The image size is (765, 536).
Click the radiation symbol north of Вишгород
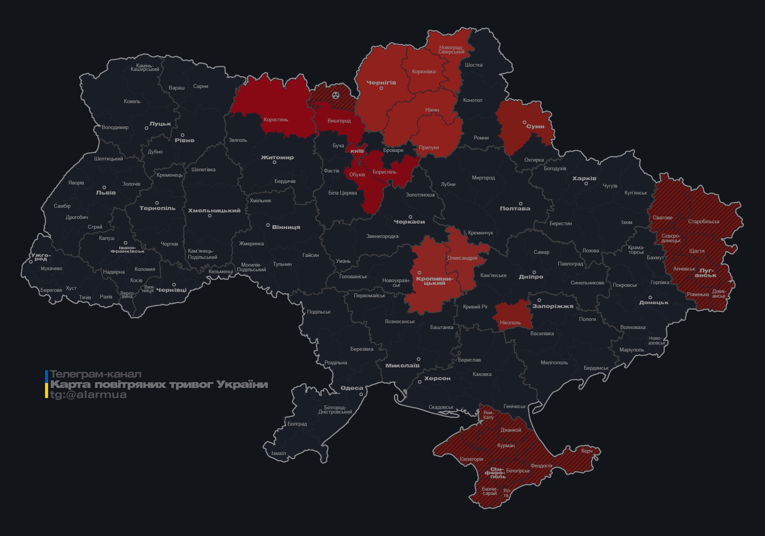(x=336, y=95)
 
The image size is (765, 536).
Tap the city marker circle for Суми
(x=524, y=122)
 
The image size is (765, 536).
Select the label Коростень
(x=276, y=119)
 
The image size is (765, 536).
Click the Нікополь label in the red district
(x=510, y=322)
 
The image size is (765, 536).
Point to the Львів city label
(x=106, y=193)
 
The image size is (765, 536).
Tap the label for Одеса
(x=352, y=388)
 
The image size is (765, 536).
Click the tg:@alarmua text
(x=88, y=395)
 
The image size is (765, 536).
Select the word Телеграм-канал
(x=95, y=374)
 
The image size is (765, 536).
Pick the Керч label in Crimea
(x=587, y=451)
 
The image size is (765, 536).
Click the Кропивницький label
(x=434, y=281)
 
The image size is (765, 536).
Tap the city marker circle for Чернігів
(x=381, y=88)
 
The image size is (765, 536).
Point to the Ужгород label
(x=41, y=257)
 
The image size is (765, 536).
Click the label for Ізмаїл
(x=278, y=453)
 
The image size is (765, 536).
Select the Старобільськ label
(x=704, y=222)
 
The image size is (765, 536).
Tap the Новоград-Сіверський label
(x=451, y=50)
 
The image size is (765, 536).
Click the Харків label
(x=584, y=179)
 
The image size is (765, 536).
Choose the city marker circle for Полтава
(x=520, y=203)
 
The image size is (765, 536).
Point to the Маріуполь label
(x=631, y=350)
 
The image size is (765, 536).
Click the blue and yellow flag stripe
(x=47, y=384)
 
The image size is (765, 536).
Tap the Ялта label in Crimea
(x=506, y=493)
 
